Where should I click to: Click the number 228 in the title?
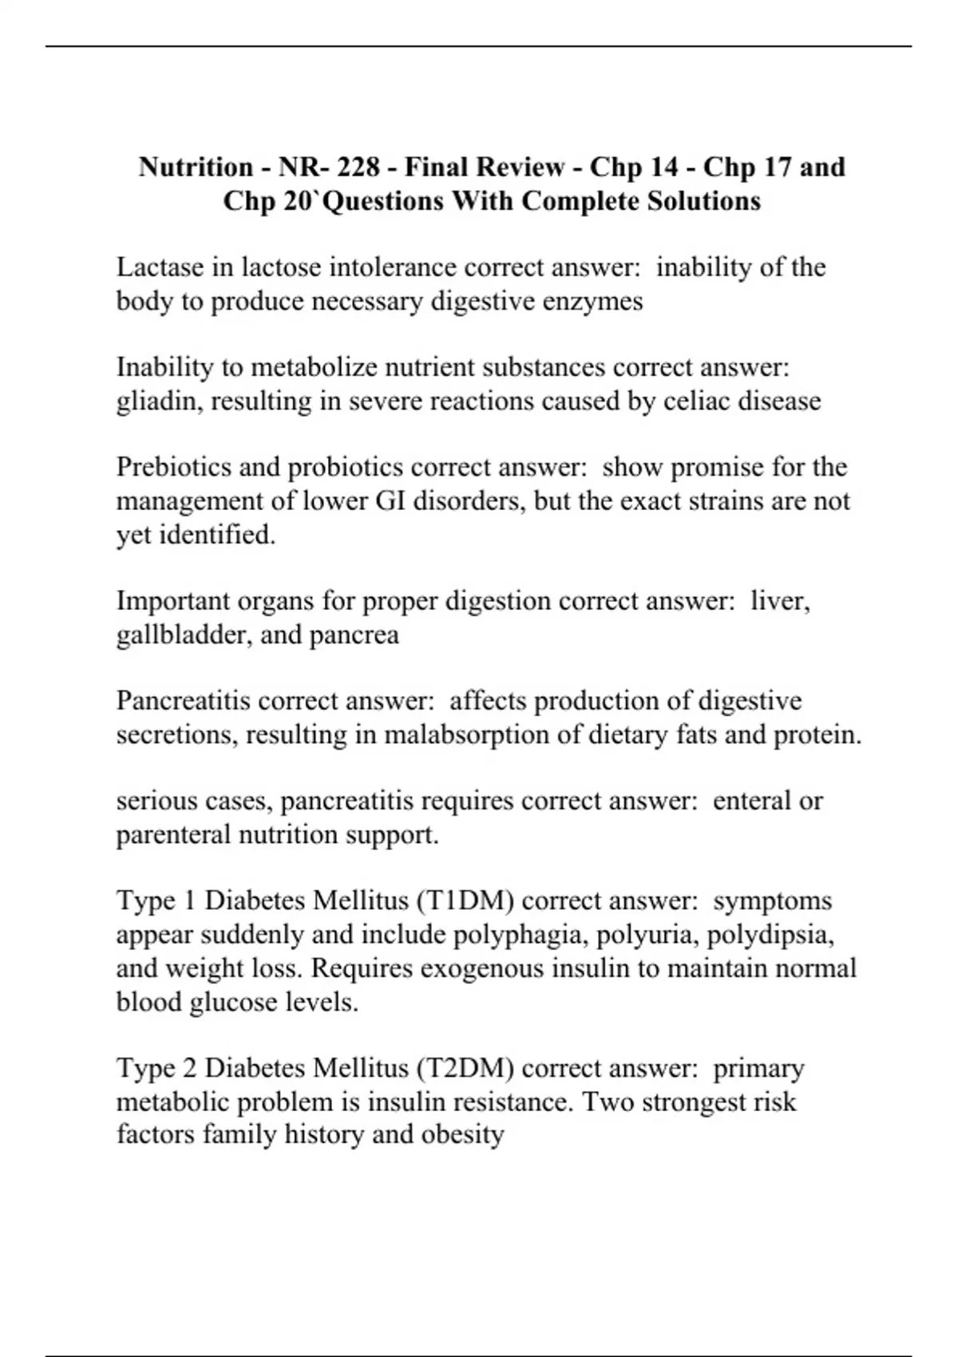click(x=359, y=168)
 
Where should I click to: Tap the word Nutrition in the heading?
click(x=196, y=168)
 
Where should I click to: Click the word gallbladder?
click(x=183, y=635)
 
